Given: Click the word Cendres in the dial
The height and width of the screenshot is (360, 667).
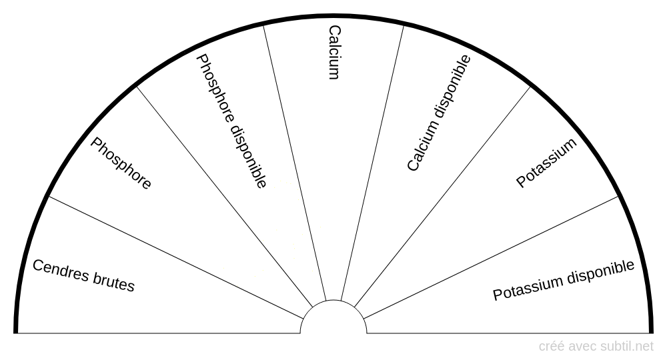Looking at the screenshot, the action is [x=61, y=271].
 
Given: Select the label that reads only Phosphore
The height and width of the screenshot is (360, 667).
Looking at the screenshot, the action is [x=121, y=163].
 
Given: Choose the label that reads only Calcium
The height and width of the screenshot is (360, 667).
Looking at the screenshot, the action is [x=335, y=52].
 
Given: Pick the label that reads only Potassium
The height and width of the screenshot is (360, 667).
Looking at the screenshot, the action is [x=546, y=163].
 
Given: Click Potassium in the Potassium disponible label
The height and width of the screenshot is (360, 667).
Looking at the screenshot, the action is [x=528, y=289].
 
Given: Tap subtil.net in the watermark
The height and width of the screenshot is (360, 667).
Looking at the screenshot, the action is [x=626, y=347].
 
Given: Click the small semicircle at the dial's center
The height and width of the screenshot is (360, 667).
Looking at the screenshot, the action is [x=333, y=300].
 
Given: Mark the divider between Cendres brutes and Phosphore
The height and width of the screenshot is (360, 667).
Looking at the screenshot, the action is [x=175, y=257].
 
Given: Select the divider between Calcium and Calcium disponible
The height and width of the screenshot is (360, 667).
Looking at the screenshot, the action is [x=372, y=163].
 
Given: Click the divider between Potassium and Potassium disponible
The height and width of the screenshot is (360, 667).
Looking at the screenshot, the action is [x=490, y=257].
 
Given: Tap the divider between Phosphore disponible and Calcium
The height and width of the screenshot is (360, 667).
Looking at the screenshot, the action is [x=294, y=163].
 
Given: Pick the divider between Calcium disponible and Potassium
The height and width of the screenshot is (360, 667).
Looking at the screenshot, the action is [x=442, y=197].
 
